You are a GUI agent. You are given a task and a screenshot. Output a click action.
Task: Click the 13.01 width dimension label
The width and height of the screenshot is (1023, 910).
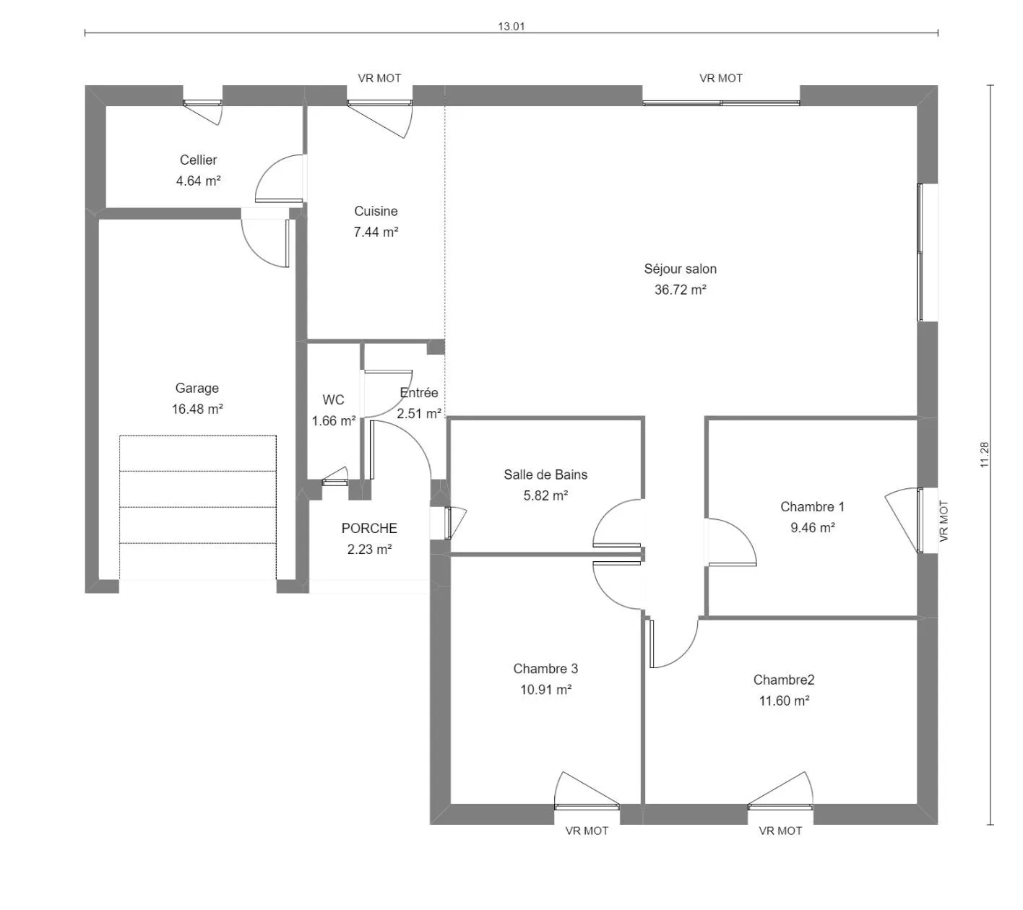pyautogui.click(x=511, y=26)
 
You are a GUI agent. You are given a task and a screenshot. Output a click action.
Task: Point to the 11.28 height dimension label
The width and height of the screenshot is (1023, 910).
pyautogui.click(x=984, y=455)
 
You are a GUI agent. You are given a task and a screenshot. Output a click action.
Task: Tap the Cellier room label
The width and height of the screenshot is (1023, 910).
pyautogui.click(x=198, y=160)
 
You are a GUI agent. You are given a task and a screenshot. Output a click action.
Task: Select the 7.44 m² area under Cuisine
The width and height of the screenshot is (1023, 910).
pyautogui.click(x=376, y=232)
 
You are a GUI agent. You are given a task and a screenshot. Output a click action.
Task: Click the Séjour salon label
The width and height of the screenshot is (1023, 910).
pyautogui.click(x=680, y=269)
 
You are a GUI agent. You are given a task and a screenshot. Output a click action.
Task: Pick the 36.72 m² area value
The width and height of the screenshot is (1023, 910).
pyautogui.click(x=680, y=290)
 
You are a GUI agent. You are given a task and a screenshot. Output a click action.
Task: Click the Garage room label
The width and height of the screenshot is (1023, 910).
pyautogui.click(x=197, y=388)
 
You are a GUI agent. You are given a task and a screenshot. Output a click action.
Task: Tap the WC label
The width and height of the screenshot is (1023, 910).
pyautogui.click(x=333, y=399)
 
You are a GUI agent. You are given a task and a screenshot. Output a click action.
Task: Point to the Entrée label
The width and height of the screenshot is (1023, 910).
pyautogui.click(x=418, y=393)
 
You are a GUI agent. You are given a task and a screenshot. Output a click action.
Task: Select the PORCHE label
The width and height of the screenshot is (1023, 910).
pyautogui.click(x=369, y=529)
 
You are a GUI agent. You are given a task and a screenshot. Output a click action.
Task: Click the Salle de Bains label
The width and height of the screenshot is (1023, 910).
pyautogui.click(x=545, y=474)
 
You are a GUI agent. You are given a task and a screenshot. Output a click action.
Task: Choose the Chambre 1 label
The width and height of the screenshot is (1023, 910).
pyautogui.click(x=813, y=507)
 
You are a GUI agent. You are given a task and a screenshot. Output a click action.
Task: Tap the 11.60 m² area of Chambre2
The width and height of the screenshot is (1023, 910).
pyautogui.click(x=784, y=701)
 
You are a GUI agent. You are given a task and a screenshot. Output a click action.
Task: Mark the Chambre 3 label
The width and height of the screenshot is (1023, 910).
pyautogui.click(x=545, y=669)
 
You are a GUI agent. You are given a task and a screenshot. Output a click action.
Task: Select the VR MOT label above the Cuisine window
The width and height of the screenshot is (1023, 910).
pyautogui.click(x=379, y=78)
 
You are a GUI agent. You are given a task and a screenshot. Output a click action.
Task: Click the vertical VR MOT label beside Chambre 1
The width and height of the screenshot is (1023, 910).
pyautogui.click(x=944, y=521)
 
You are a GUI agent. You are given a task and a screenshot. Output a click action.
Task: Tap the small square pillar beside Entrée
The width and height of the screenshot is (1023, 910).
pyautogui.click(x=435, y=347)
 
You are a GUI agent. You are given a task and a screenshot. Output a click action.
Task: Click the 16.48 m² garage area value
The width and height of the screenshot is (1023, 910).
pyautogui.click(x=197, y=409)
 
